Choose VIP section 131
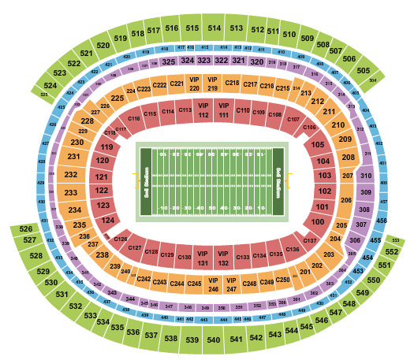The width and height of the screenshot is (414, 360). tap(203, 258)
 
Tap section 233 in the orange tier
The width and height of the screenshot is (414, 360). tap(71, 193)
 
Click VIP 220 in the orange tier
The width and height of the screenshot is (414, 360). tap(194, 83)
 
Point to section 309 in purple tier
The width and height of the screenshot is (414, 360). tap(365, 191)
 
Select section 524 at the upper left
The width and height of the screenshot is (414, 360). tap(50, 84)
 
